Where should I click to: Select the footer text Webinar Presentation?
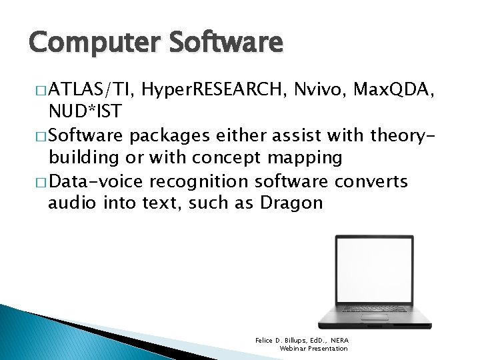[313, 349]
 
